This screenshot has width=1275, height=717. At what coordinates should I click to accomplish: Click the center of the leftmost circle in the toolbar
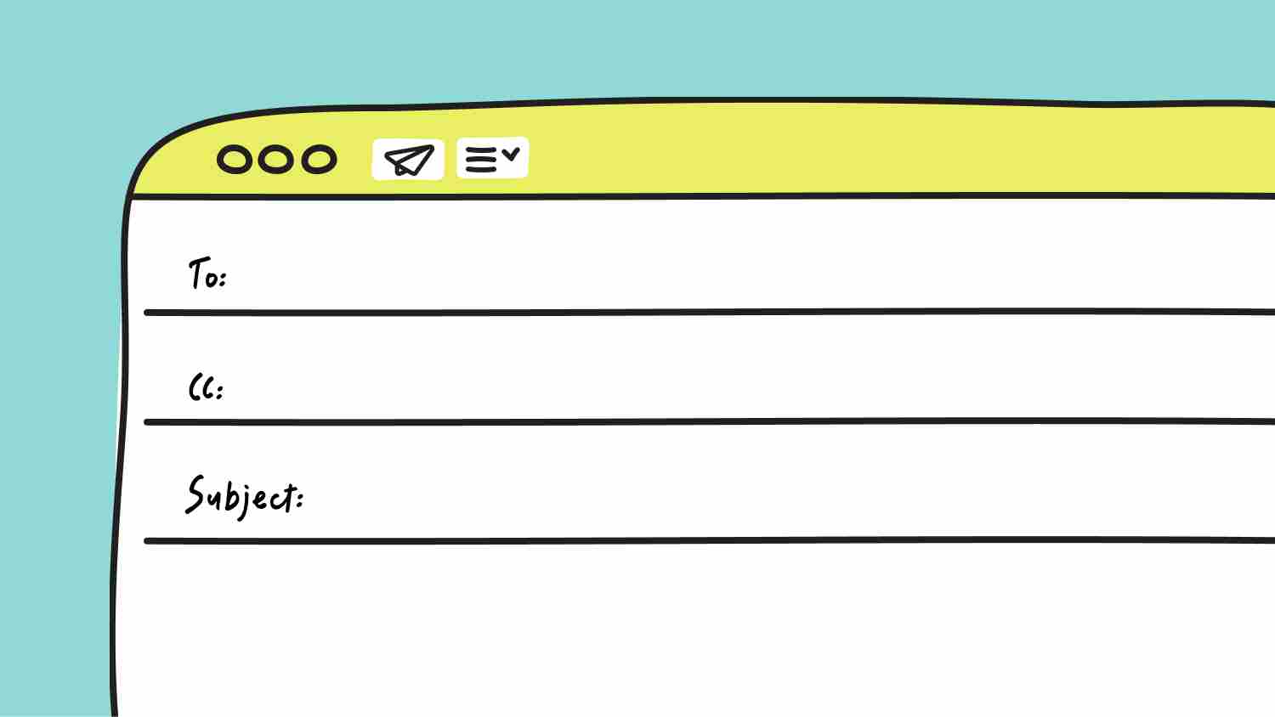click(234, 160)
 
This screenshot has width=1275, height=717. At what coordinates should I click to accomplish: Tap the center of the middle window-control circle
click(276, 160)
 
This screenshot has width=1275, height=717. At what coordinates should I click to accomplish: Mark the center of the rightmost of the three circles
click(319, 160)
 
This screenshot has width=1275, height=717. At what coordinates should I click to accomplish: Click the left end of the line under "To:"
click(146, 313)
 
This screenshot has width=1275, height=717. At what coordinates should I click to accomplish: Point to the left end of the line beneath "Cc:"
click(146, 422)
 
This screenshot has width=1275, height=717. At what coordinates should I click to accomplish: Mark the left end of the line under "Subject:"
click(146, 541)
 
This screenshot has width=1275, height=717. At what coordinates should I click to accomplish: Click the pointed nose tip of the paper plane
click(433, 147)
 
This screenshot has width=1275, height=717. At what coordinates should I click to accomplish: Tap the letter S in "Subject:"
click(195, 494)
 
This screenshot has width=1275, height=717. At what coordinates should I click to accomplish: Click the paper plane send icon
click(408, 160)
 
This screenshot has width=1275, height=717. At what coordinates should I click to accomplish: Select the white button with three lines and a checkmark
click(492, 158)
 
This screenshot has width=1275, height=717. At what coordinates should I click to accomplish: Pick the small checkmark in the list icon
click(511, 154)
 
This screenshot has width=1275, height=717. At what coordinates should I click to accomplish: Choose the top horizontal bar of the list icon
click(481, 150)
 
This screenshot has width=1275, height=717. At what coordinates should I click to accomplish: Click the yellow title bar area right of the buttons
click(899, 151)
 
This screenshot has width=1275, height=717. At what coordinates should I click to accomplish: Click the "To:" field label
click(207, 274)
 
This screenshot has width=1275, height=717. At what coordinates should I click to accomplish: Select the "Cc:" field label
click(206, 387)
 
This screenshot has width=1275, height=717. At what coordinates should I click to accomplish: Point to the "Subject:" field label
click(245, 497)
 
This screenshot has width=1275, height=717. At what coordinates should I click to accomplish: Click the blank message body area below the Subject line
click(694, 629)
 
